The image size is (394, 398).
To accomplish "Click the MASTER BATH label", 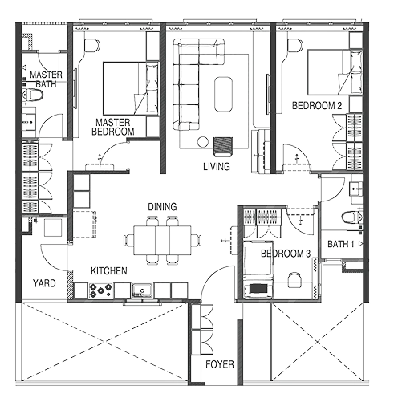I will click(x=42, y=79).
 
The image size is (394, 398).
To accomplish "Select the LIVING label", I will click(x=217, y=166).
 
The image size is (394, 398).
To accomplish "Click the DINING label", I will click(x=162, y=207).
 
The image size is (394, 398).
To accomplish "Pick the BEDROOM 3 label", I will click(x=286, y=254).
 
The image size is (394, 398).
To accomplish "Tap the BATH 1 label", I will click(x=341, y=244).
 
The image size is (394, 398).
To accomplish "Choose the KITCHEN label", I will click(x=108, y=271).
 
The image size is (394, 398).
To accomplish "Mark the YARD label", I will click(x=43, y=282).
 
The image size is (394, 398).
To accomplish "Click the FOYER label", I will click(x=219, y=364).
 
